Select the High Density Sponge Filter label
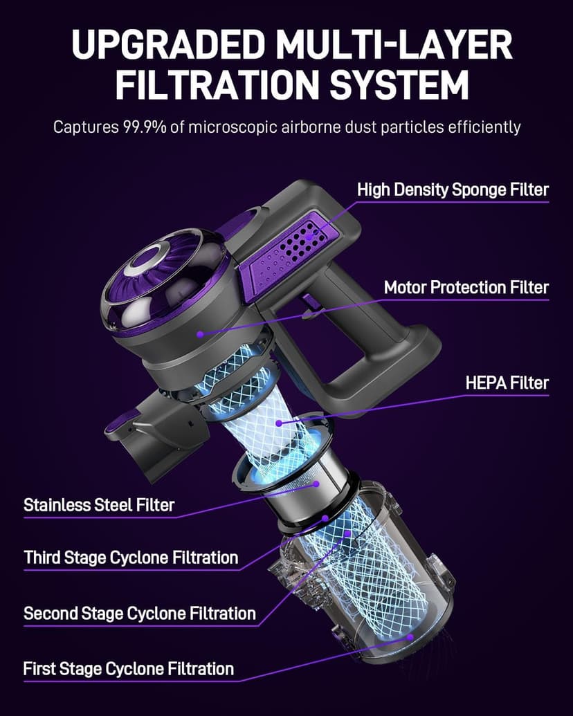[453, 190]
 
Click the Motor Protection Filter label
[466, 287]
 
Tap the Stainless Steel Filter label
[99, 504]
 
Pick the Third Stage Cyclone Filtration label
[131, 557]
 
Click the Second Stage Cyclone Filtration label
[140, 613]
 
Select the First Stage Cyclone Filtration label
[129, 668]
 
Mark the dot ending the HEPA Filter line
[278, 423]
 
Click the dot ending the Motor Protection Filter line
[200, 333]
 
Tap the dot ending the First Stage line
[410, 636]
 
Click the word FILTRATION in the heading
[201, 85]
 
